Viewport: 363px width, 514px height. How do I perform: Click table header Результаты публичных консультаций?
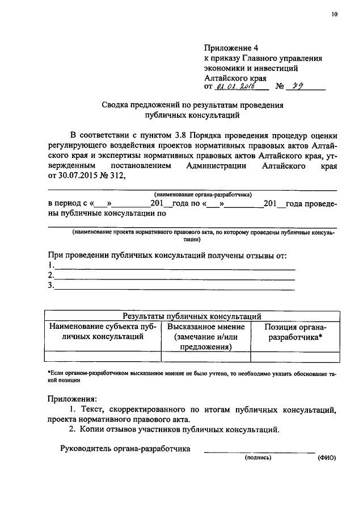point(192,316)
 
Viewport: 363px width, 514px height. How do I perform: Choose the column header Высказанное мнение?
point(206,327)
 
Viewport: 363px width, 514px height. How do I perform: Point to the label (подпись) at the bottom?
point(258,457)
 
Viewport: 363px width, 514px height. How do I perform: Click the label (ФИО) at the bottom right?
point(327,457)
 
